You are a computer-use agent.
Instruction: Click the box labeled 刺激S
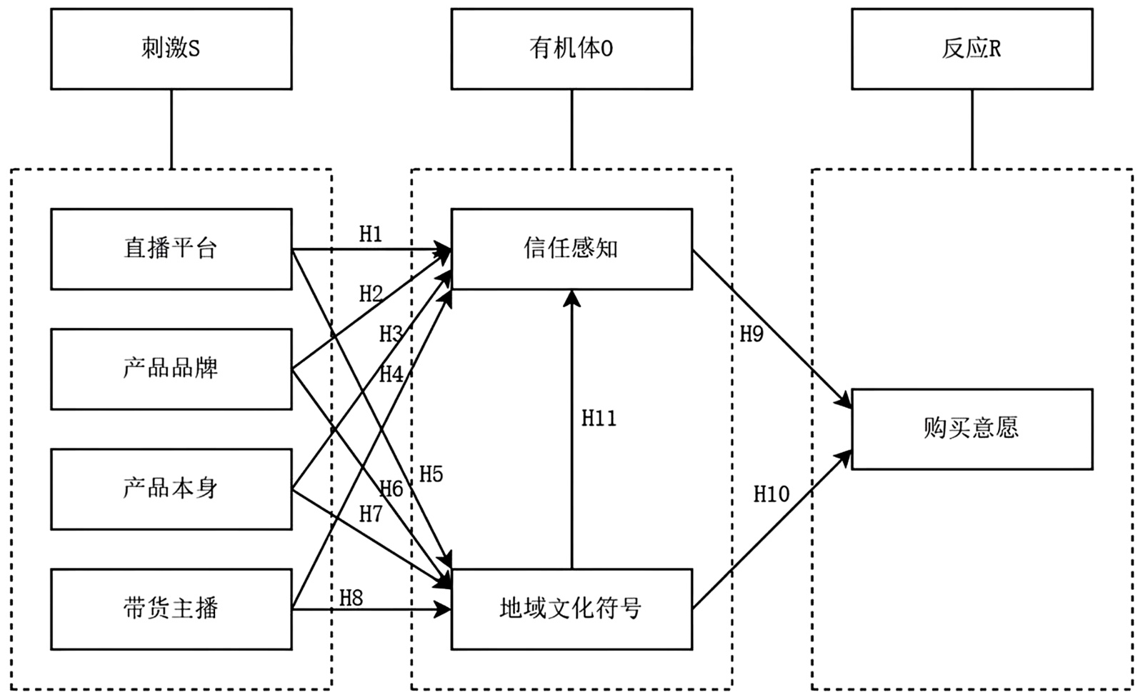(x=171, y=49)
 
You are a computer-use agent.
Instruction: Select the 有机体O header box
(x=571, y=49)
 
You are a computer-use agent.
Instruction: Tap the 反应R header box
(x=972, y=49)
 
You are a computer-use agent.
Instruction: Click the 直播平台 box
(x=171, y=249)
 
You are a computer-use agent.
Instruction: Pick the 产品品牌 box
(x=171, y=369)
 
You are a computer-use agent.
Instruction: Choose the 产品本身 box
(x=171, y=489)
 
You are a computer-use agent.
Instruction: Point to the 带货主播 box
(x=171, y=609)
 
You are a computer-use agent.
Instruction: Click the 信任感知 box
(x=571, y=249)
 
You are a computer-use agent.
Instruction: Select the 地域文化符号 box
(x=571, y=609)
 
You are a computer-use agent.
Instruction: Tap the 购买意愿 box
(x=972, y=429)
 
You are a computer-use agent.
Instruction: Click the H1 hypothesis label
(x=370, y=234)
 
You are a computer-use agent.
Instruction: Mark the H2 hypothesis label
(x=371, y=294)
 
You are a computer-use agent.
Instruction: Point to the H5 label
(x=431, y=474)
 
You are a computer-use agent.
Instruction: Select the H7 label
(x=371, y=514)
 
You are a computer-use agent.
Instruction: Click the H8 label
(x=351, y=598)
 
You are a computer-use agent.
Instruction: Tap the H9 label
(x=752, y=334)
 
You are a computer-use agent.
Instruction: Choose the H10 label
(x=772, y=494)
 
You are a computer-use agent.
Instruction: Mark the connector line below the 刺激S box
(x=171, y=129)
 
